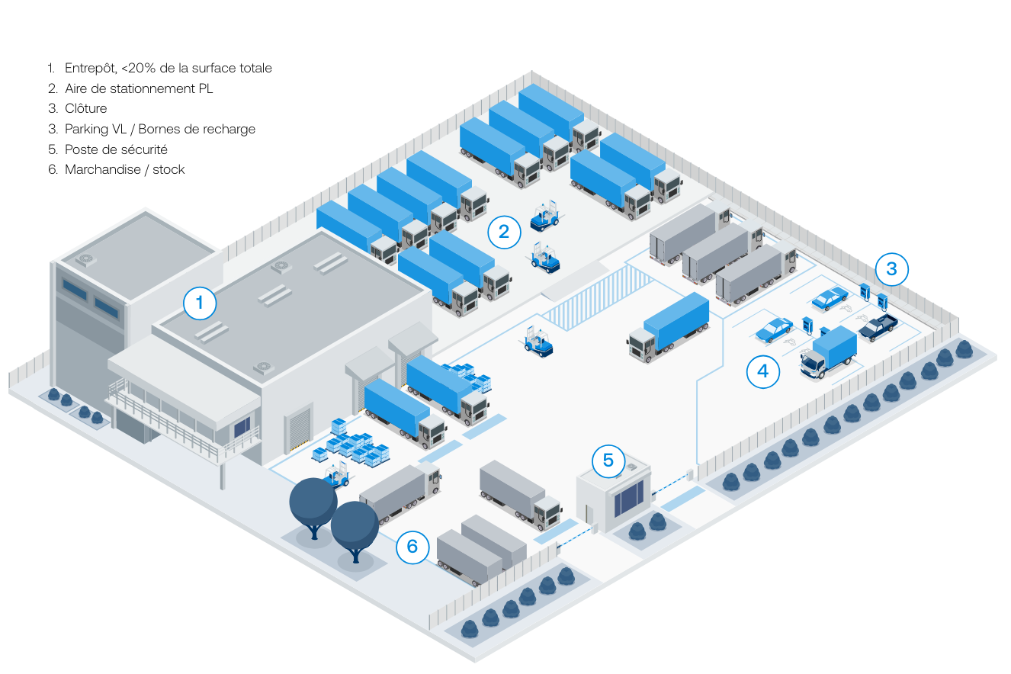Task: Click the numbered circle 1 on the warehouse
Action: (x=200, y=303)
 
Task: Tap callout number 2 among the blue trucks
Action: (x=504, y=229)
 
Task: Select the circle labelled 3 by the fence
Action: (x=891, y=269)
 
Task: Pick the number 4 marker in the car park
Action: (x=763, y=371)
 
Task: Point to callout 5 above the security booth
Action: (x=608, y=460)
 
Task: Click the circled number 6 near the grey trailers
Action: (x=412, y=547)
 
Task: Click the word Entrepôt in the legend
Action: (x=90, y=68)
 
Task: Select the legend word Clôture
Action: (x=85, y=108)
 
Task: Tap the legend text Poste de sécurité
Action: (x=116, y=149)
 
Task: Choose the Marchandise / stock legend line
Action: (x=124, y=169)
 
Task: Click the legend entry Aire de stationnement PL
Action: (x=139, y=88)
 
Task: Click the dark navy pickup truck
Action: (x=878, y=326)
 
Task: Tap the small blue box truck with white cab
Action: (x=830, y=352)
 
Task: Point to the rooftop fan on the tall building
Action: (x=85, y=259)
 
